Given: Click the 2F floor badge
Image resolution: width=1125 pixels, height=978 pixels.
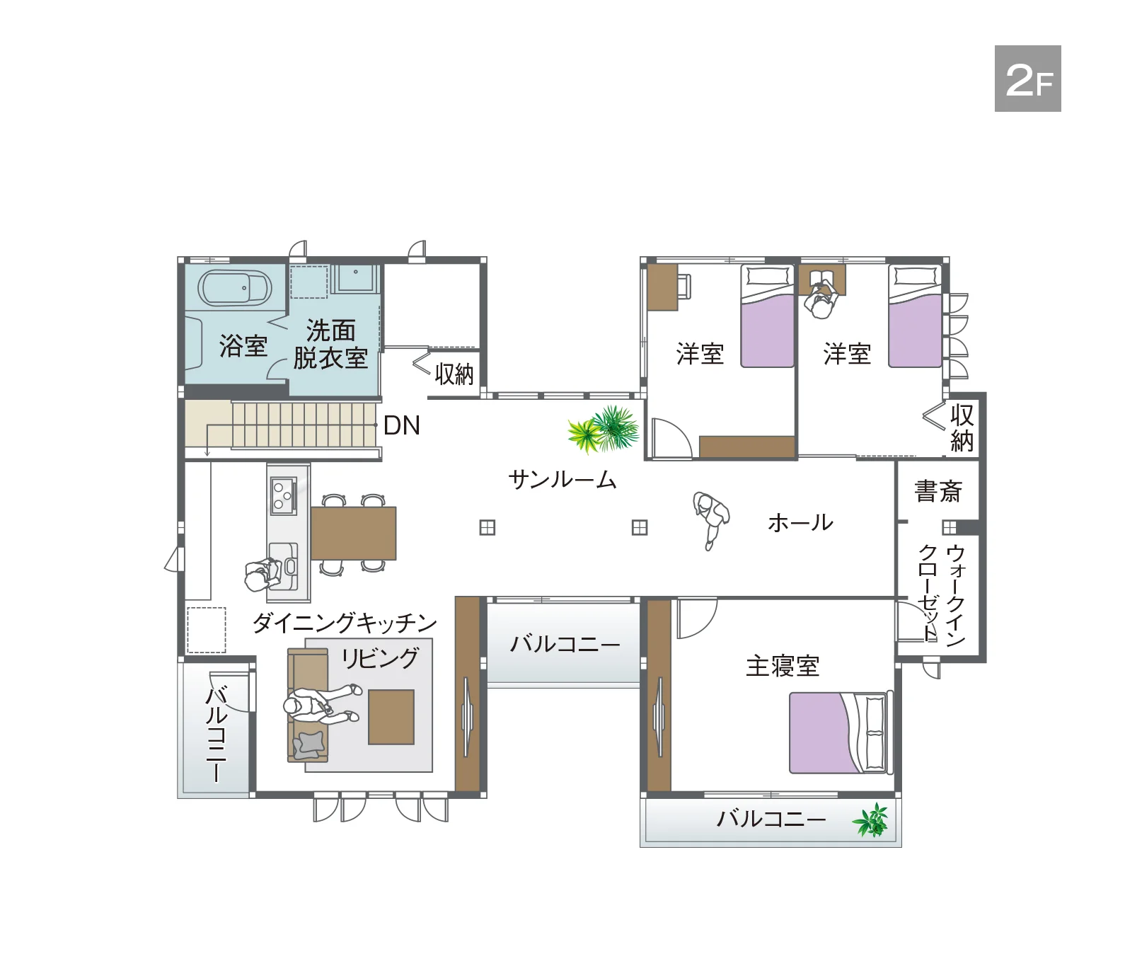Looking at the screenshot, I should (1027, 79).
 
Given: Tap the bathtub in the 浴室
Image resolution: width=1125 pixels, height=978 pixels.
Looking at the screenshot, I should (234, 288).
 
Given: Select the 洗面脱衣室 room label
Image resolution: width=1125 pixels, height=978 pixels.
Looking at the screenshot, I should (330, 345).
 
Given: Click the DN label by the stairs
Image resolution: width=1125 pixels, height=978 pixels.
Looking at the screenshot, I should (401, 425).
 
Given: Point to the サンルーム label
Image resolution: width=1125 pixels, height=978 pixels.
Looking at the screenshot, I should (562, 480).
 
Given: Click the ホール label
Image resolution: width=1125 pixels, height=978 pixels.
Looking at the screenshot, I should (800, 523).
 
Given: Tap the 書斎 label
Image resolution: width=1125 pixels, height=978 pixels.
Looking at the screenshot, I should (937, 490).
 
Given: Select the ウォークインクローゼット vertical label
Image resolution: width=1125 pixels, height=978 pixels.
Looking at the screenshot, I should (942, 594).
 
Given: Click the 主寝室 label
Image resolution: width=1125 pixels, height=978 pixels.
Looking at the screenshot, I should (782, 666).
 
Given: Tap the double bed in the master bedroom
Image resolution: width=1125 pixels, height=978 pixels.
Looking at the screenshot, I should (838, 732).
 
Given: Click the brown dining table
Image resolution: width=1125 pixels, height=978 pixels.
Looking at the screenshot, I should (353, 533).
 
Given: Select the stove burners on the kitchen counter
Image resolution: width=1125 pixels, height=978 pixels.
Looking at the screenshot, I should (283, 493).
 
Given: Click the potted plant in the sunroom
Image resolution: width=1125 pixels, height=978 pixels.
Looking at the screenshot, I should (605, 429).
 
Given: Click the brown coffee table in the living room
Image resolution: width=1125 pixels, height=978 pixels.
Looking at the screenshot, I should (391, 717).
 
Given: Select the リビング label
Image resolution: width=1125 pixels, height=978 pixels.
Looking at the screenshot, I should (380, 658).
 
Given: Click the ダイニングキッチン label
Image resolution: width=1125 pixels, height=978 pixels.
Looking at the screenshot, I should (345, 623).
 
